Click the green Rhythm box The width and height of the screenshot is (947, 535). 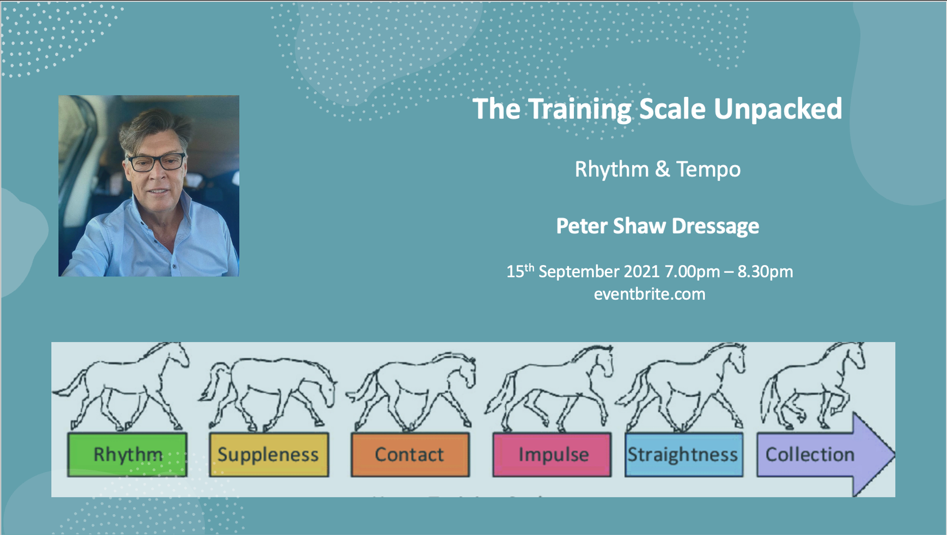127,455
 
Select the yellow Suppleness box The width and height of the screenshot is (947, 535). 268,455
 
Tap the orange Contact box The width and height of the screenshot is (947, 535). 410,455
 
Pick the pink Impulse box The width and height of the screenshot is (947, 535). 551,455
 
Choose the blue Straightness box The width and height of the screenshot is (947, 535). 683,455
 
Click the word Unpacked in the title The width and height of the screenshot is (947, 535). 777,109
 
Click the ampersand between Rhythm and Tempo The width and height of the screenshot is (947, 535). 662,170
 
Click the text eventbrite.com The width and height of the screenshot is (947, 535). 649,294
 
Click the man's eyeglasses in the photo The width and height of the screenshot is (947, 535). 156,162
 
